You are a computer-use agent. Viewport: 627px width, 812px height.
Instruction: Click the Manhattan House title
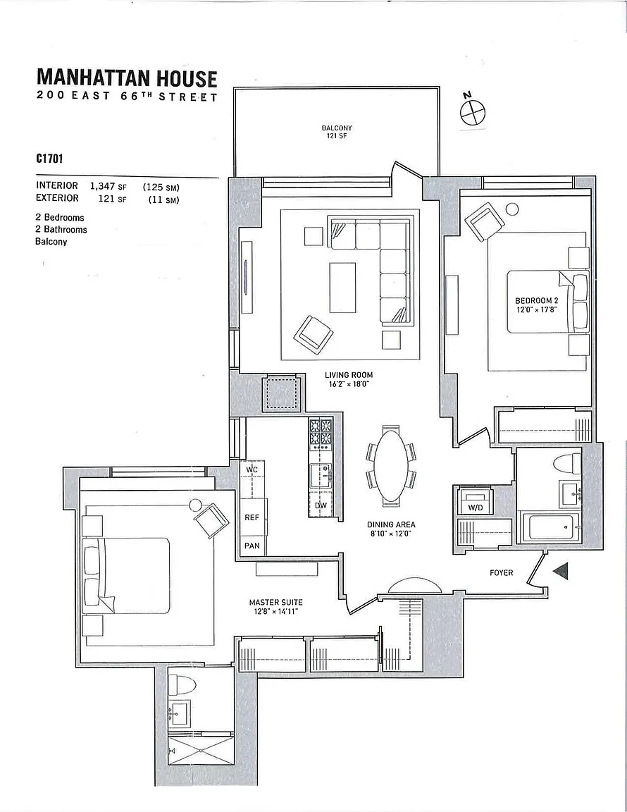coord(127,77)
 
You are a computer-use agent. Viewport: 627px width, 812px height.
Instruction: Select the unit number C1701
coord(50,159)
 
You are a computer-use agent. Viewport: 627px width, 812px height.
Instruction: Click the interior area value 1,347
coord(103,185)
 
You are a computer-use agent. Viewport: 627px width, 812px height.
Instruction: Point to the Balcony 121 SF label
coord(336,132)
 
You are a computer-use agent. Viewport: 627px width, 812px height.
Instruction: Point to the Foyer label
coord(501,572)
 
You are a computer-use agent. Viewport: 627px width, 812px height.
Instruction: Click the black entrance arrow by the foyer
coord(561,572)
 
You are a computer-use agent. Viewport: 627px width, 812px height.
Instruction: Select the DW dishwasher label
coord(321,505)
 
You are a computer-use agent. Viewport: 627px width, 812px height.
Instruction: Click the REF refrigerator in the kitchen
coord(252,517)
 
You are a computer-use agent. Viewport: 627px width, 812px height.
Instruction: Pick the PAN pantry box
coord(252,546)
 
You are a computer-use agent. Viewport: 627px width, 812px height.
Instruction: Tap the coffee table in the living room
coord(342,288)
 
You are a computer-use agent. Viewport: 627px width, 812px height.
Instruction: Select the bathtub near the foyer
coord(554,527)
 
